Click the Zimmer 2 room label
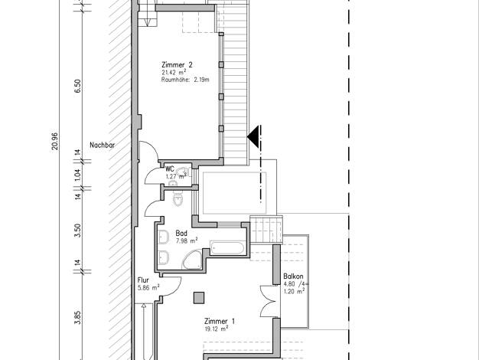177,65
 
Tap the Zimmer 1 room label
220,321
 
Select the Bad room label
181,233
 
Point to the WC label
170,169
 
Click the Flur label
143,280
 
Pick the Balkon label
293,277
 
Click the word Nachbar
102,145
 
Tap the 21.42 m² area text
174,73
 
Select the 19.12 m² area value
217,329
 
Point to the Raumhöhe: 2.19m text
185,80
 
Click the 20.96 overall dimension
54,141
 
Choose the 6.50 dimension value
78,86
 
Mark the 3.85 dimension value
78,318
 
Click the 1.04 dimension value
78,175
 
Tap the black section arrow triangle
253,136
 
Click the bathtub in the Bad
227,248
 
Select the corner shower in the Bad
192,260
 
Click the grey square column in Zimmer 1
199,298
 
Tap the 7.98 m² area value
187,241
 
